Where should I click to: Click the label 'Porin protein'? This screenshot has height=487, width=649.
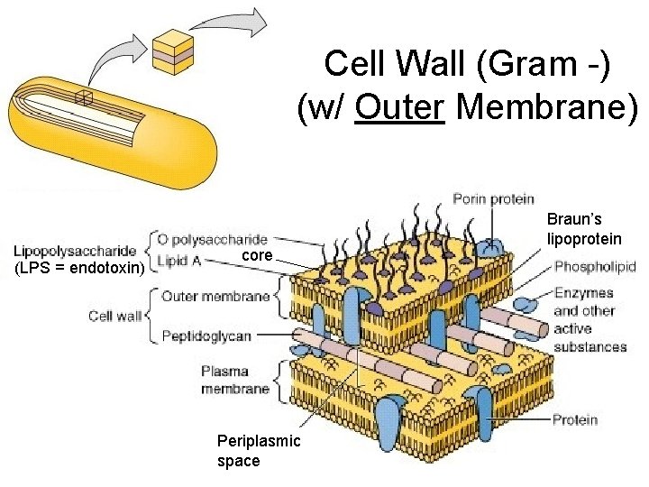493,198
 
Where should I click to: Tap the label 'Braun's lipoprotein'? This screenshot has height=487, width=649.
584,229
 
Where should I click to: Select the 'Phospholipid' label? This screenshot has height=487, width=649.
595,267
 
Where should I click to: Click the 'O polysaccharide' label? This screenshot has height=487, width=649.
212,240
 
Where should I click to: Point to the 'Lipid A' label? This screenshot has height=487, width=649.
179,261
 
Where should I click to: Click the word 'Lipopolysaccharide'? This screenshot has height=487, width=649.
75,250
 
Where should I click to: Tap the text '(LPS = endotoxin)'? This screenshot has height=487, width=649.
78,270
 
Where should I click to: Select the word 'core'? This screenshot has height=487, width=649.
257,256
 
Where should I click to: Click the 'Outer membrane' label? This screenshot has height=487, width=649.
215,296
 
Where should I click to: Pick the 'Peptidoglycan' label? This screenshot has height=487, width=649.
206,335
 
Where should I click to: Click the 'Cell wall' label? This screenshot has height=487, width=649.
115,316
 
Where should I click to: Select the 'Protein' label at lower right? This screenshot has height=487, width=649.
576,419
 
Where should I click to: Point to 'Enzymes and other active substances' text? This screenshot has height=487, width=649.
590,320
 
